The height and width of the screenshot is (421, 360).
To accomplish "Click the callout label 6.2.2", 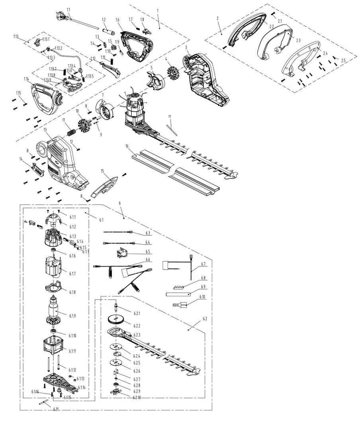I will coord(137,326).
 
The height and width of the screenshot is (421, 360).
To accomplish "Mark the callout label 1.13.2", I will coord(58,48).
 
